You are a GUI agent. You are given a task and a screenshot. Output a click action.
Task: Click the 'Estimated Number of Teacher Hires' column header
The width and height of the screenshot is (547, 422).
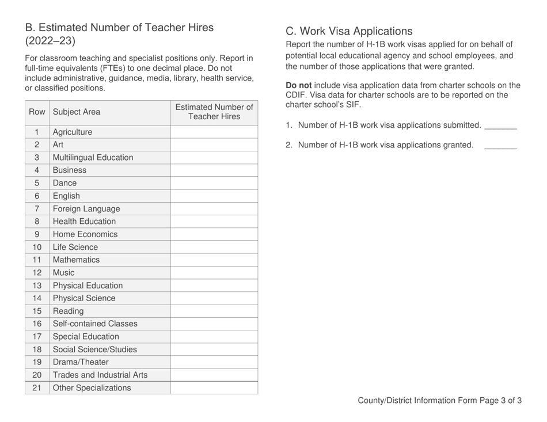(214, 112)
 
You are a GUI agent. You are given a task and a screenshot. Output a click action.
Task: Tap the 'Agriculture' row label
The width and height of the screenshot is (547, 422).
(72, 132)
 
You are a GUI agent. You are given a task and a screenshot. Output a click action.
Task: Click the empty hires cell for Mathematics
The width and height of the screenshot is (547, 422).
(214, 260)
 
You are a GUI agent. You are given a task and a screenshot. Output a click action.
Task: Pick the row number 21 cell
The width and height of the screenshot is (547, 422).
(36, 387)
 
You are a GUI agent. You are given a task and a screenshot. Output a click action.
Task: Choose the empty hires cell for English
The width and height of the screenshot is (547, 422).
(214, 196)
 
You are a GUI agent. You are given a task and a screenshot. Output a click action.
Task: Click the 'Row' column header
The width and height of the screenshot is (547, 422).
(36, 112)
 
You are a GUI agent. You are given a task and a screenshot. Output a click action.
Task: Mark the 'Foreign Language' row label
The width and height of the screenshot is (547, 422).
(86, 208)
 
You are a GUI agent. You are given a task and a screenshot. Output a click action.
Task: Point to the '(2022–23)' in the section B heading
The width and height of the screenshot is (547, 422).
(50, 41)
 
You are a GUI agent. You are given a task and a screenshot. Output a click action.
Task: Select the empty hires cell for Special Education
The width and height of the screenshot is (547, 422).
(214, 336)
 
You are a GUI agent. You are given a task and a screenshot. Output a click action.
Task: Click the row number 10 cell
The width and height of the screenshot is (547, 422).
(36, 247)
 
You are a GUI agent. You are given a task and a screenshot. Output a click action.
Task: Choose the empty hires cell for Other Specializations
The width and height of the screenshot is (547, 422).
(214, 387)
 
